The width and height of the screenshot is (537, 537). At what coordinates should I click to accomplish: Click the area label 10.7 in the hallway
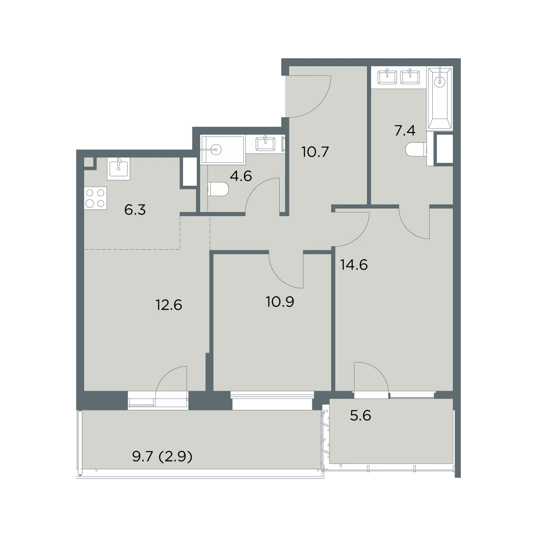tap(315, 152)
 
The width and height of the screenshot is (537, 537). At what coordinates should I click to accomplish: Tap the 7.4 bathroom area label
tap(405, 130)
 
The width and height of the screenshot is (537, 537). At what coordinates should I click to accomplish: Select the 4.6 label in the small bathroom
tap(241, 176)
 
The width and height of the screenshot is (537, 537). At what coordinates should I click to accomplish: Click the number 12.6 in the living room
tap(169, 305)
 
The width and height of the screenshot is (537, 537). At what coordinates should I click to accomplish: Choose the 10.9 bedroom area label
tap(280, 302)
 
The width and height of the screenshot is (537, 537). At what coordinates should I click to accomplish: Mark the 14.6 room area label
tap(354, 265)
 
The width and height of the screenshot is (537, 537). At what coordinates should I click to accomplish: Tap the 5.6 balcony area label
tap(360, 416)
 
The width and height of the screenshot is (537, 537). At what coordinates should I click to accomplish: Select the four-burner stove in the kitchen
tap(95, 198)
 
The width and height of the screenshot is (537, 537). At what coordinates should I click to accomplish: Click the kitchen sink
tap(119, 169)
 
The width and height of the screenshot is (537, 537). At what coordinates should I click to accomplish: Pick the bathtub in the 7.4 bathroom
tap(439, 98)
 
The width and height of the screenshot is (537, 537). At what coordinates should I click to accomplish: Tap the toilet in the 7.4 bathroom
tap(416, 149)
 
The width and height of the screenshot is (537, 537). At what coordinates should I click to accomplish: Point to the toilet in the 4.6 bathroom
tap(218, 189)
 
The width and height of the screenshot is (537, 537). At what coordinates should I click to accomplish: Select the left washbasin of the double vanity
tap(387, 77)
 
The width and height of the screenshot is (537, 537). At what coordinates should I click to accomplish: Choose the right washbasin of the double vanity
tap(410, 77)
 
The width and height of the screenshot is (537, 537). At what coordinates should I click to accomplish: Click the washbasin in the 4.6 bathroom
tap(265, 143)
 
